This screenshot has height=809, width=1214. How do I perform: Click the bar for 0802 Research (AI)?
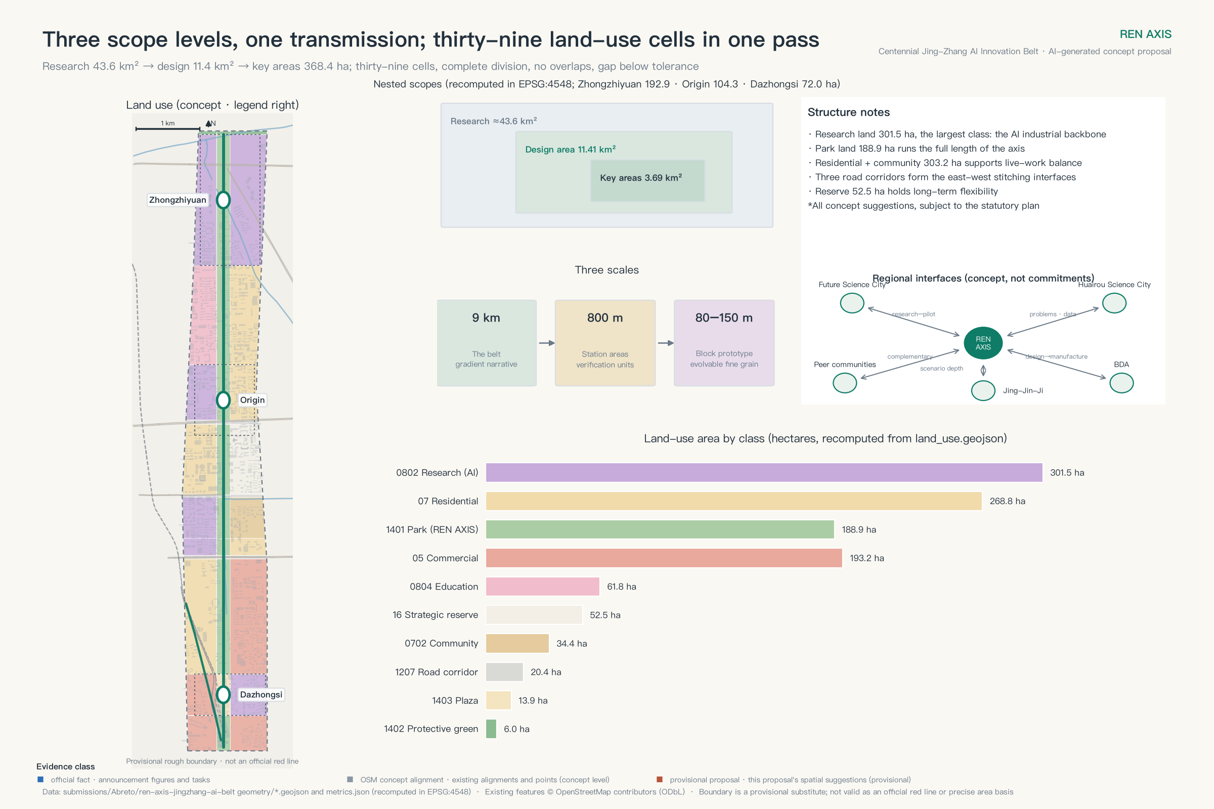[x=764, y=473]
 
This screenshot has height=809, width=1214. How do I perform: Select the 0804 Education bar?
[x=542, y=587]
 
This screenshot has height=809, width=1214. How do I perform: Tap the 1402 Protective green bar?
[x=491, y=729]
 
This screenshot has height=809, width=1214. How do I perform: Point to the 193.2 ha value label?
[x=866, y=558]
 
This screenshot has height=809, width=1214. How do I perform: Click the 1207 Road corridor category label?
[x=436, y=672]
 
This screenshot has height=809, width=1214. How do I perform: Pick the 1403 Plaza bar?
[x=499, y=700]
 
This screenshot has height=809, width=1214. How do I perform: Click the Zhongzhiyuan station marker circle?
[x=223, y=200]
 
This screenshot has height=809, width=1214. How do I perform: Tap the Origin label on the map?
[x=252, y=400]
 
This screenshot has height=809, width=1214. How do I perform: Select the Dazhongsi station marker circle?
[x=223, y=694]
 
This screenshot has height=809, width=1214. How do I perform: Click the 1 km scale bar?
[x=168, y=128]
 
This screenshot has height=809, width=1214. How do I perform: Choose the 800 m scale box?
[x=605, y=343]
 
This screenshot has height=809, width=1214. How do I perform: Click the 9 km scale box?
[x=486, y=343]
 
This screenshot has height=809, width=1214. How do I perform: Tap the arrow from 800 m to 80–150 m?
[x=666, y=343]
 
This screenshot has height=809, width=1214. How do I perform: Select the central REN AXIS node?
[x=983, y=343]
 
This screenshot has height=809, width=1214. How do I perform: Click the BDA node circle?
[x=1121, y=383]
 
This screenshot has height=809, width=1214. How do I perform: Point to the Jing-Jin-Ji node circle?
[x=983, y=390]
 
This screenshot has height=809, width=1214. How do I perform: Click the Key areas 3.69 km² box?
[x=647, y=181]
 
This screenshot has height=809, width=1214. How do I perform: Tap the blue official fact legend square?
[x=40, y=779]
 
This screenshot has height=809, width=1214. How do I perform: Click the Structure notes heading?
[x=849, y=112]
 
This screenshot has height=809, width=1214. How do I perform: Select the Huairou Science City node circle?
[x=1114, y=303]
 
